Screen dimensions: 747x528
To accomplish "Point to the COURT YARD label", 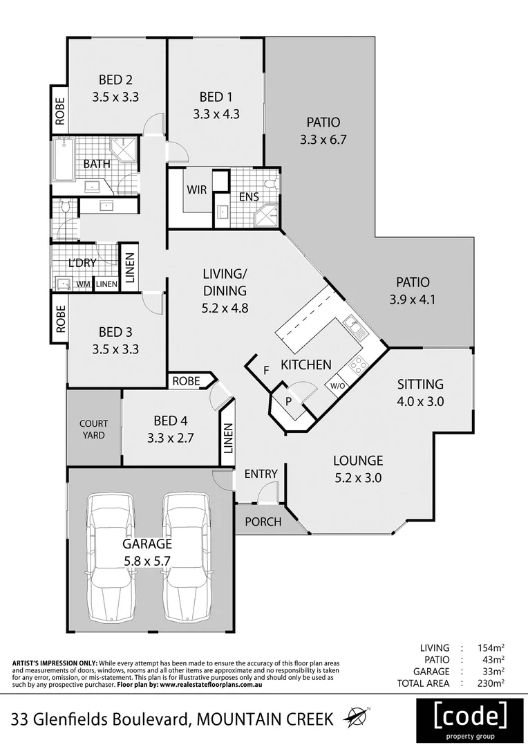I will tap(92, 429).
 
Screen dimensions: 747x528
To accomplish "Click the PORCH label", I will tap(264, 522).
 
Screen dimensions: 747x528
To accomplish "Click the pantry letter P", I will tap(289, 401).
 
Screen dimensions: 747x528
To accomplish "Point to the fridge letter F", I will tap(266, 369).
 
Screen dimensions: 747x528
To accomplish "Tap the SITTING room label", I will tap(420, 385).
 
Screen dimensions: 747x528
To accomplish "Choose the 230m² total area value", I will tap(489, 683).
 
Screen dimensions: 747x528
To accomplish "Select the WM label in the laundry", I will tap(83, 284).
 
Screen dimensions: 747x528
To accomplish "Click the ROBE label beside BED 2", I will tap(59, 109).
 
